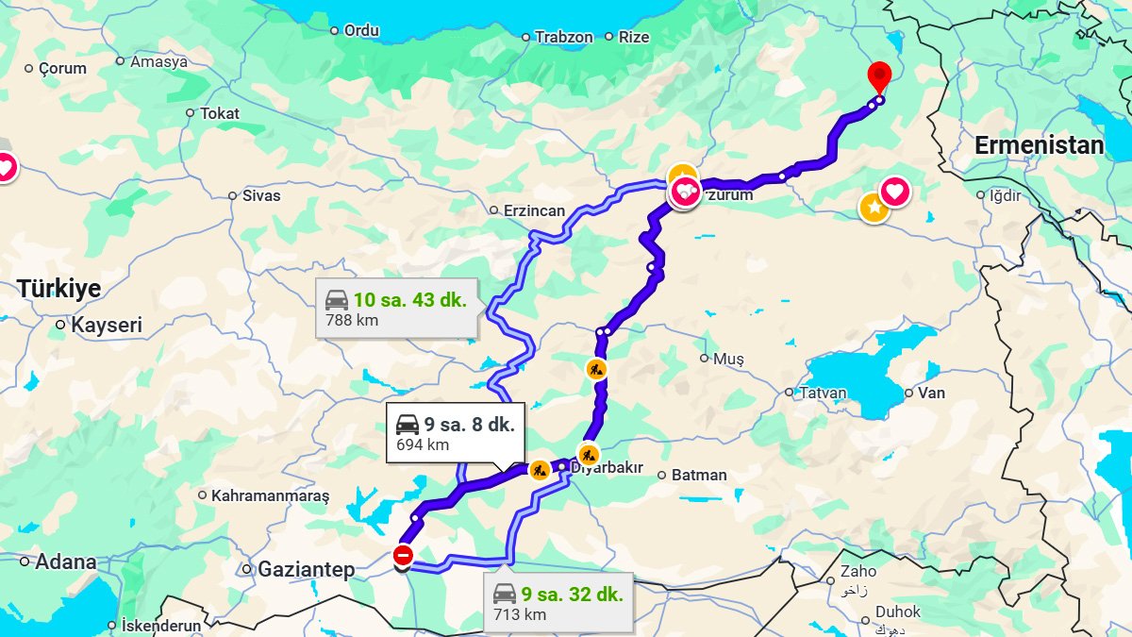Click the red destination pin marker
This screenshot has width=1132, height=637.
[879, 75]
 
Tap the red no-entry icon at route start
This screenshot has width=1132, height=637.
[403, 556]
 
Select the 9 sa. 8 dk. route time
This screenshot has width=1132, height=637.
[469, 425]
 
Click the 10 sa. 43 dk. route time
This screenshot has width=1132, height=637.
[409, 300]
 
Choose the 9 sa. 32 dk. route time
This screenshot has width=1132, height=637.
[572, 595]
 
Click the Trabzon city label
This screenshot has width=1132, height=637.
[563, 38]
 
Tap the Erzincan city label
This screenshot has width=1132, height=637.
[533, 210]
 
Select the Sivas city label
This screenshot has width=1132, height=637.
[261, 196]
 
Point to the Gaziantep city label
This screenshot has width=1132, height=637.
[306, 570]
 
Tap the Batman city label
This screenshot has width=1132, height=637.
[698, 476]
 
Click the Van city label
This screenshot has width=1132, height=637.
[931, 394]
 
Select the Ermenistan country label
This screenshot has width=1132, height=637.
[1039, 146]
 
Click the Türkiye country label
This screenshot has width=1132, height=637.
[58, 289]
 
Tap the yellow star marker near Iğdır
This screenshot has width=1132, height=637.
[874, 208]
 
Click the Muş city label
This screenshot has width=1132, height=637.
[727, 359]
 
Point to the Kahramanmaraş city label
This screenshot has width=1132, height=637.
[270, 495]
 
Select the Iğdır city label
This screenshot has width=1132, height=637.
[1004, 196]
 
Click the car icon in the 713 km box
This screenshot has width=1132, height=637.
[505, 595]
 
